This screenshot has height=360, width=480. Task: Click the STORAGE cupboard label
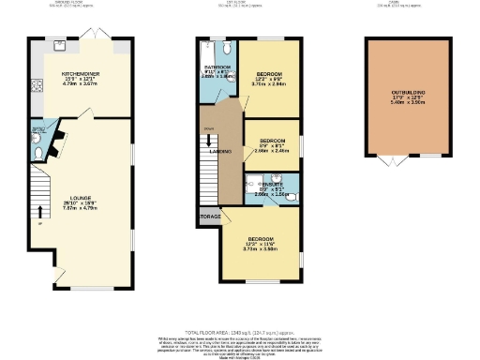click(209, 217)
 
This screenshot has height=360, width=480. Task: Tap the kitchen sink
click(58, 44)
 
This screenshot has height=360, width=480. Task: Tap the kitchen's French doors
click(97, 34)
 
